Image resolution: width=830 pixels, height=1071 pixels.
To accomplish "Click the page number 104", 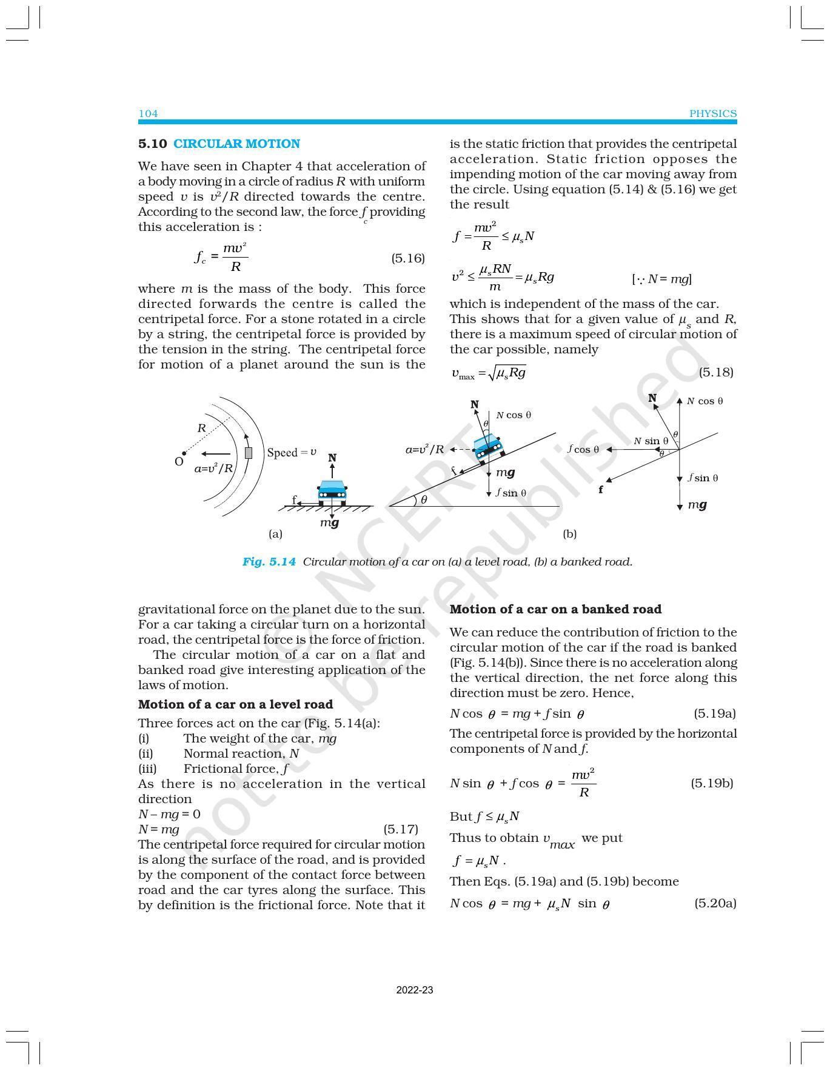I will coord(148,113).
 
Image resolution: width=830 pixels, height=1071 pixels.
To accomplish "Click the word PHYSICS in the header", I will coord(712,113).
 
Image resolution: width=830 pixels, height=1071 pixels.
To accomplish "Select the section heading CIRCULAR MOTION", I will coord(236,144).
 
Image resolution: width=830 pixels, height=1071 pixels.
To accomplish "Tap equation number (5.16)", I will coord(407,258).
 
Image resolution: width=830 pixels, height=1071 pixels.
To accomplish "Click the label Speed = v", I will coord(292,452).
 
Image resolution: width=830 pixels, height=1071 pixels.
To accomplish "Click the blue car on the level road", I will coord(332,492).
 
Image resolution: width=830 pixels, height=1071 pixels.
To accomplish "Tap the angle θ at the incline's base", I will coord(424,499).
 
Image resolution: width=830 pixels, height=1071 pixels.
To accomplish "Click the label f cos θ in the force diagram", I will coord(583,449).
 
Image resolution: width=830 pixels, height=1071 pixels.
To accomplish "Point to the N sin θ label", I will coord(651,441).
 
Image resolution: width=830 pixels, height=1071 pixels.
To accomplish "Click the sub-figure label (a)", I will coord(275,534).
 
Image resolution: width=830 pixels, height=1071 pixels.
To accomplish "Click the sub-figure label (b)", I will coord(569,534).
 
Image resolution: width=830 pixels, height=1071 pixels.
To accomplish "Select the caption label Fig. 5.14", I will coord(269,562).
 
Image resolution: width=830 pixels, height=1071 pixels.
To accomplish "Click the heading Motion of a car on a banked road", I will coord(555,609).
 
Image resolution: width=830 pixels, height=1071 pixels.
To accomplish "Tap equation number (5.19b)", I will coord(711,783).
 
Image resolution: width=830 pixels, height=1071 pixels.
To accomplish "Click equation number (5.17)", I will coord(401,829).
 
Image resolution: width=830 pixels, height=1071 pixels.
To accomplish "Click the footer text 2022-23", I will coord(415,990).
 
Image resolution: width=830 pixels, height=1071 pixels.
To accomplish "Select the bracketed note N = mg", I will coord(661,279).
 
